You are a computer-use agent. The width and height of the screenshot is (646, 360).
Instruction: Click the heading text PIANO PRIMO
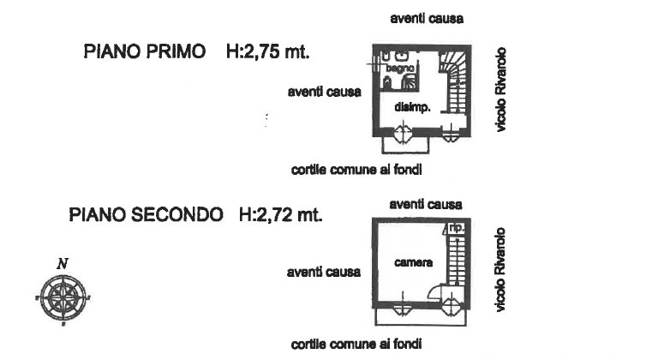144,51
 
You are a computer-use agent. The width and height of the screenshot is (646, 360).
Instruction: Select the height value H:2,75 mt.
267,51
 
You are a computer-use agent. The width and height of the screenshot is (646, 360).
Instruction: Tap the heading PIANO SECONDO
145,214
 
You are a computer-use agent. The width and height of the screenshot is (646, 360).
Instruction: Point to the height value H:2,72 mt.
280,214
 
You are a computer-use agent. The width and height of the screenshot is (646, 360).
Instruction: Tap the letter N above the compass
63,263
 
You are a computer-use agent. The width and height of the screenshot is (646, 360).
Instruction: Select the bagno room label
400,66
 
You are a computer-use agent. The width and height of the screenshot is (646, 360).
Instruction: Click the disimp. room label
411,107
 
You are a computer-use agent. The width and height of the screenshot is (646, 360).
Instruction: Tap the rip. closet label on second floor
458,228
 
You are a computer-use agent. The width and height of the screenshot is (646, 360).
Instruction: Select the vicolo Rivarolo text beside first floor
503,88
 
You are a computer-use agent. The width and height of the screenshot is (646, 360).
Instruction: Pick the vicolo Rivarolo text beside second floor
503,269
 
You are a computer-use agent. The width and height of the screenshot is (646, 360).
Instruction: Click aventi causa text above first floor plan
426,18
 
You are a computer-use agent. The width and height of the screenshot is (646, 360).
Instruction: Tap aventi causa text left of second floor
323,273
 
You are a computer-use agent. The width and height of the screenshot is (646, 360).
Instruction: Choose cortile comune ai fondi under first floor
356,169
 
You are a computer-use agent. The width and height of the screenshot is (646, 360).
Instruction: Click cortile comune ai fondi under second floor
356,344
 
